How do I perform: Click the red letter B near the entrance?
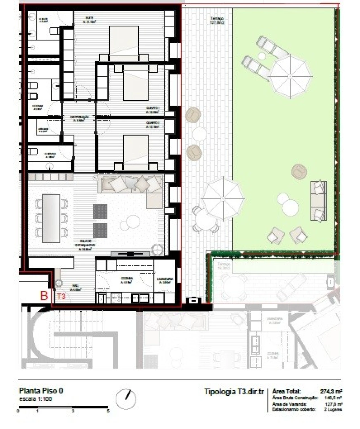pos(44,296)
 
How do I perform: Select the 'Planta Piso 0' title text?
pos(41,391)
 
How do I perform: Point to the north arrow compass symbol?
pos(126,399)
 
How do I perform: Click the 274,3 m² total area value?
pos(331,391)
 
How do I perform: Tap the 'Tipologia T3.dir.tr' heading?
pos(234,392)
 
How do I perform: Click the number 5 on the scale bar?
pos(108,411)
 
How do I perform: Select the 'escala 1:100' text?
pos(35,399)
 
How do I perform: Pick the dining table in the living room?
pos(51,218)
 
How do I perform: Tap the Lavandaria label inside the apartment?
pos(165,280)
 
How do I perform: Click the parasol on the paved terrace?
pos(223,198)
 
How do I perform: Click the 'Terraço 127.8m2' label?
pos(217,20)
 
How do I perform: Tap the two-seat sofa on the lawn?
pos(319,201)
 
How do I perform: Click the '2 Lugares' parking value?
pos(333,409)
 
